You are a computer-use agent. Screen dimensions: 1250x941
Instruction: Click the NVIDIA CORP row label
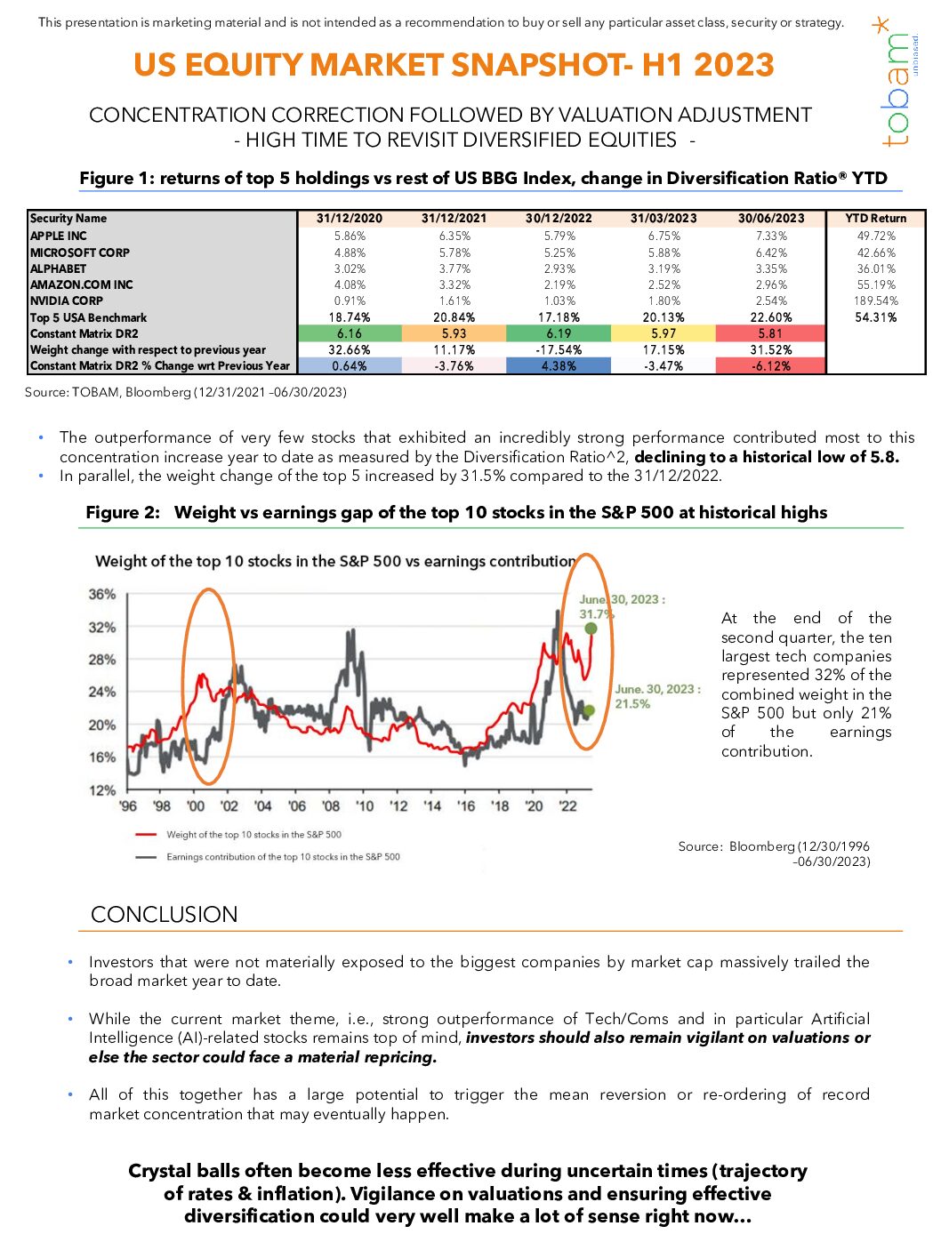click(67, 301)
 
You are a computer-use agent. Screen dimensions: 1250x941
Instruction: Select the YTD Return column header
click(875, 219)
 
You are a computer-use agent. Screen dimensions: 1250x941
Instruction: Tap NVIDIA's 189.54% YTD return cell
click(875, 301)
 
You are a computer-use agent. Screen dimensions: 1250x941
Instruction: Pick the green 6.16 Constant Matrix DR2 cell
click(350, 333)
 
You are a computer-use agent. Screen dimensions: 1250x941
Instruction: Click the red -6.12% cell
click(770, 366)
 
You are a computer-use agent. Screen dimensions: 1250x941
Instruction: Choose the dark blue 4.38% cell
click(559, 366)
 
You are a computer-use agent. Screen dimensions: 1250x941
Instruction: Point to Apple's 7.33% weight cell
click(770, 236)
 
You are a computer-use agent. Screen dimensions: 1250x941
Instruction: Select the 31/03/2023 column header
click(664, 219)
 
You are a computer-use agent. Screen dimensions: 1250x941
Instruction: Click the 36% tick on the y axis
click(102, 594)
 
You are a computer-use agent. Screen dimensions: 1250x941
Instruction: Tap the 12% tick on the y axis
click(102, 790)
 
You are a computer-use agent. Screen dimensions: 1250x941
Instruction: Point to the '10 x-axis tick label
click(365, 806)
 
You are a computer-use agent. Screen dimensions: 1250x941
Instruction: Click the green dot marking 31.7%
click(591, 629)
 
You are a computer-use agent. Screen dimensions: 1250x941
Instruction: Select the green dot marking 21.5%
click(588, 710)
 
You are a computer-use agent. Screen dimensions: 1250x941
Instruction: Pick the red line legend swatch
click(146, 835)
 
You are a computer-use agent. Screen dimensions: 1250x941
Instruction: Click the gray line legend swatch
click(146, 857)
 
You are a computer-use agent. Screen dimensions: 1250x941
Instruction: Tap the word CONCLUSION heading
click(165, 915)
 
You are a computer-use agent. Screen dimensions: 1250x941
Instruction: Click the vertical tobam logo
click(897, 84)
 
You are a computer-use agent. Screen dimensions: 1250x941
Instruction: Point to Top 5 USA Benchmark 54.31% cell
click(875, 317)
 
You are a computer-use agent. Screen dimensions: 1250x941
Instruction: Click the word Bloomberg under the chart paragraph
click(761, 846)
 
